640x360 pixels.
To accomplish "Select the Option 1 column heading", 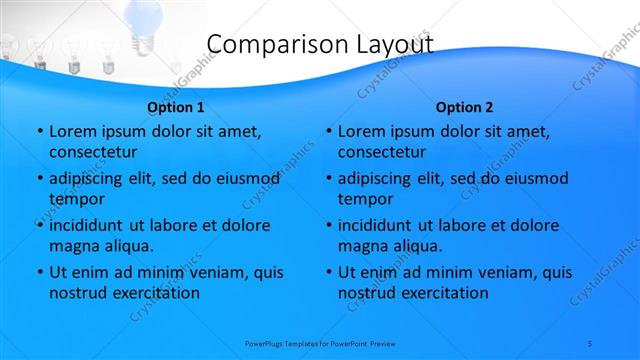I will coord(176,107).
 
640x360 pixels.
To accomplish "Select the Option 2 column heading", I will coord(465,107).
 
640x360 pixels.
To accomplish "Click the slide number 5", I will coord(591,343).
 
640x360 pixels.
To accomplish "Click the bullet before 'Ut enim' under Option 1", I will coord(39,272).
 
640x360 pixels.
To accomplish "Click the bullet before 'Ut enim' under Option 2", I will coord(328,272).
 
